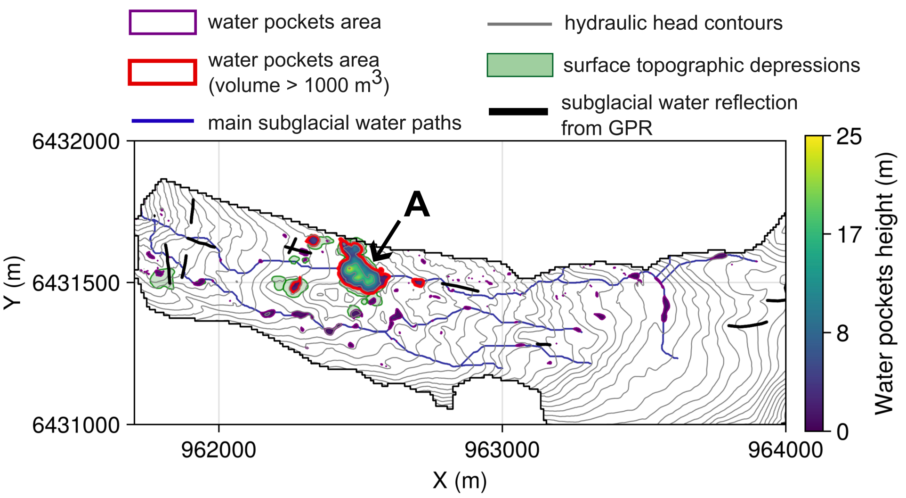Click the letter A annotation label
click(417, 205)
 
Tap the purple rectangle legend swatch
click(163, 22)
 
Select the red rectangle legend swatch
click(162, 72)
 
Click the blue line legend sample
click(163, 121)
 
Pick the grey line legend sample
click(519, 24)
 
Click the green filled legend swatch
click(520, 65)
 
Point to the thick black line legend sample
click(518, 112)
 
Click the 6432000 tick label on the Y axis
click(76, 141)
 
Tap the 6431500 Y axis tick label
click(76, 283)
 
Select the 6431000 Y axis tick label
click(76, 425)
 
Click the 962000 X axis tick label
click(218, 450)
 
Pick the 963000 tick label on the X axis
click(502, 450)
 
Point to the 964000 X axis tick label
click(785, 450)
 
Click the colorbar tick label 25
click(849, 137)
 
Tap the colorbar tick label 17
click(849, 234)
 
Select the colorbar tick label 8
click(843, 333)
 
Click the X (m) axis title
click(460, 481)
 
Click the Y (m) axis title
click(14, 283)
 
